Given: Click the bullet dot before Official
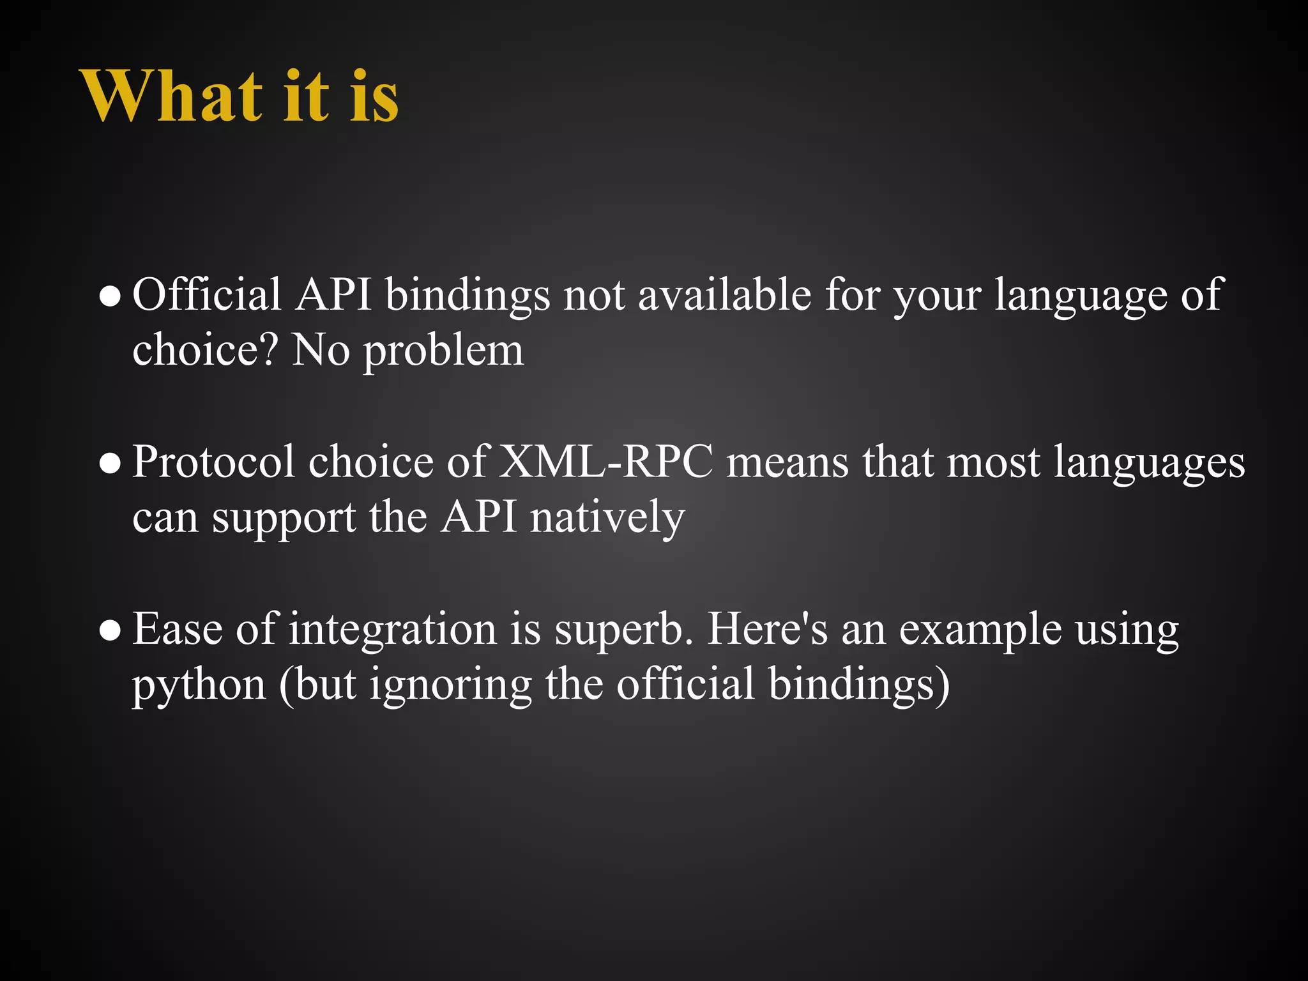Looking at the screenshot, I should tap(110, 297).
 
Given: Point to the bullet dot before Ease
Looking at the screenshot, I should tap(110, 631).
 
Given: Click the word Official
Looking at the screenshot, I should tap(206, 295).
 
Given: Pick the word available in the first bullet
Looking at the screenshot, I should tap(724, 295).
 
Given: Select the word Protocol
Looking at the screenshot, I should tap(214, 462).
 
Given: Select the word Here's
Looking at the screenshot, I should tap(767, 628).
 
